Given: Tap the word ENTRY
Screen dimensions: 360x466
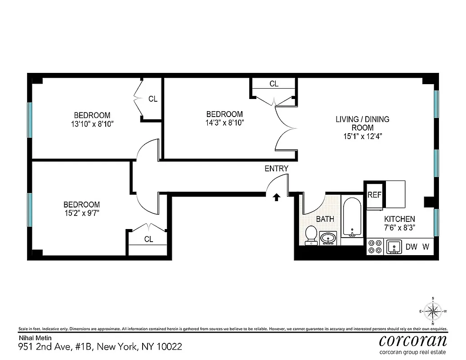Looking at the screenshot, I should click(276, 169).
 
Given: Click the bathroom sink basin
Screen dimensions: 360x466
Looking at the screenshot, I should click(328, 237).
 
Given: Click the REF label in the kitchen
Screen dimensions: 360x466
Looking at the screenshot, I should click(374, 195).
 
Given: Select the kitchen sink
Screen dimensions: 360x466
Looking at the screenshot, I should click(394, 247).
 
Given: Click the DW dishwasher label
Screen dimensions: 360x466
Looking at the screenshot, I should click(411, 247).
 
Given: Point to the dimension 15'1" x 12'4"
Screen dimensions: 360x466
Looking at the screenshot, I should click(363, 136).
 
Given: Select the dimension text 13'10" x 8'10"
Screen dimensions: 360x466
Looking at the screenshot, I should click(92, 123).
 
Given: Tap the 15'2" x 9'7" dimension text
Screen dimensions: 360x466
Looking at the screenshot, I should click(81, 212).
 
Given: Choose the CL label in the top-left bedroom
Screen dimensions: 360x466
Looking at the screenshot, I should click(153, 99).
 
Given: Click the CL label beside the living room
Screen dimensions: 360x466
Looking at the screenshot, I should click(273, 84).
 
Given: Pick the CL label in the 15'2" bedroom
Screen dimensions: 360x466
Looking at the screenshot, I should click(148, 239).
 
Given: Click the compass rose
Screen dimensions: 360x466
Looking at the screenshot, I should click(433, 311).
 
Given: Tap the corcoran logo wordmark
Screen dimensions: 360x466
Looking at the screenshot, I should click(413, 340).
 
